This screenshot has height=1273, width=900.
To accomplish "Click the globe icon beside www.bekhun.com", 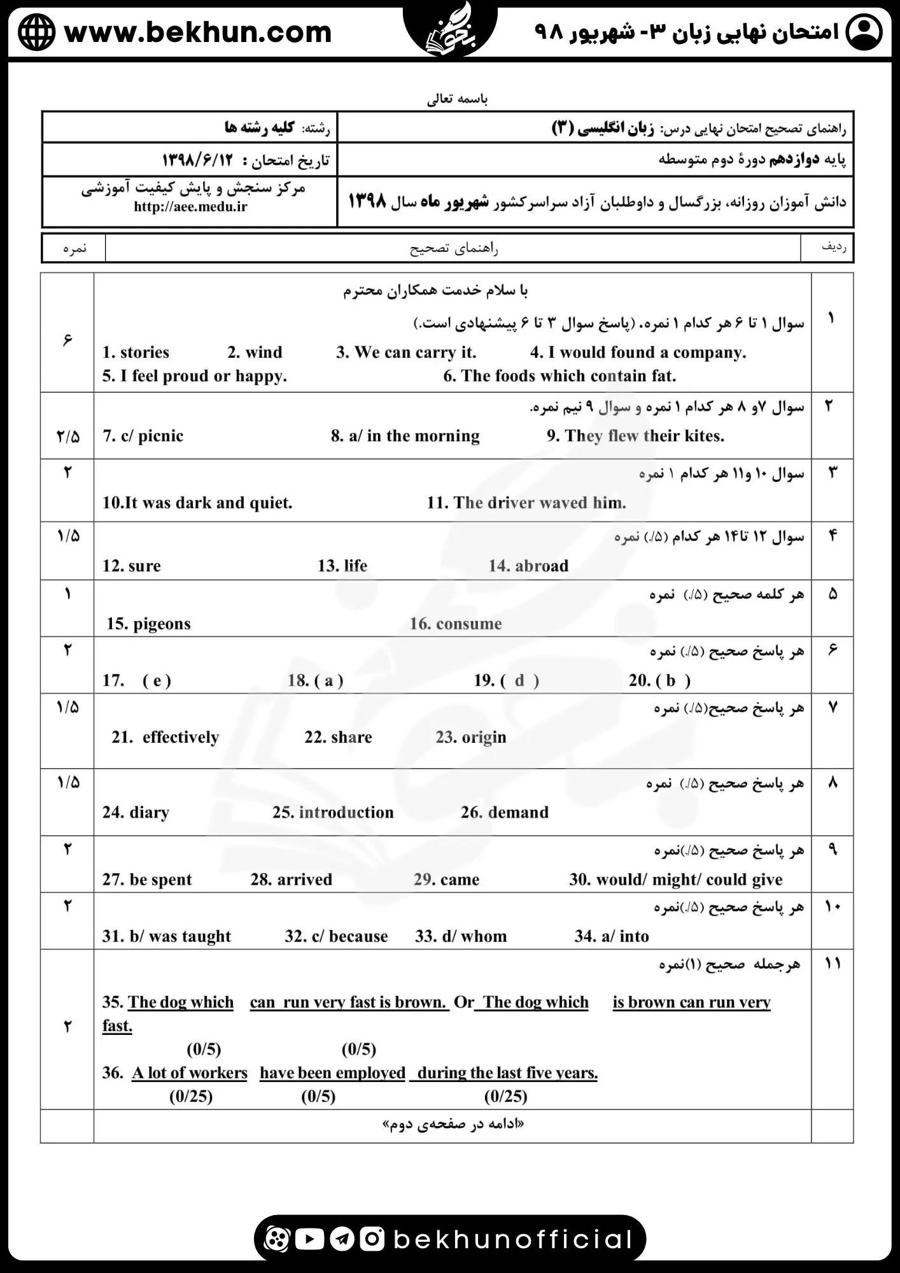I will [x=36, y=32].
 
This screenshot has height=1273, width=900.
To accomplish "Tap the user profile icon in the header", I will [x=863, y=32].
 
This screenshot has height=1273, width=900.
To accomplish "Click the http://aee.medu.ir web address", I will [x=190, y=206].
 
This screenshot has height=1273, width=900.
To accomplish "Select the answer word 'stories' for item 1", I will [x=144, y=353].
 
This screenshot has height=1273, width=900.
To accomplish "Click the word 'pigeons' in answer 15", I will [x=162, y=624].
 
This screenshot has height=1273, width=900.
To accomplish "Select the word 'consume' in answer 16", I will [x=468, y=624].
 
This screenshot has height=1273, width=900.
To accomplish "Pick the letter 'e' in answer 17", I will [x=157, y=680].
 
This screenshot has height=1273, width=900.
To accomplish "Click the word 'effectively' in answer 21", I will [x=180, y=737].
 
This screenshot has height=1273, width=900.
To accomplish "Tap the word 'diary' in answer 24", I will [x=149, y=813].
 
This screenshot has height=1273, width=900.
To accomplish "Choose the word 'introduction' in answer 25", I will [x=346, y=813].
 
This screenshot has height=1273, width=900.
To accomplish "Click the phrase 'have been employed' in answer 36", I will [x=332, y=1073].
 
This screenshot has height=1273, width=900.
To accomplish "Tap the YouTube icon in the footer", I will [x=310, y=1239].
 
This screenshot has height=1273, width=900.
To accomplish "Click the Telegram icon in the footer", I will [x=342, y=1239].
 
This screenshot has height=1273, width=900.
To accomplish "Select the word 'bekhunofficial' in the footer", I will [x=512, y=1239].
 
